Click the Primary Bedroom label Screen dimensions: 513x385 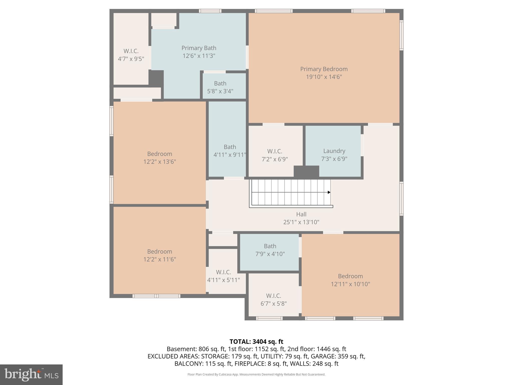[324, 69]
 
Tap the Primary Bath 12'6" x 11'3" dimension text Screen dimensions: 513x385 [199, 56]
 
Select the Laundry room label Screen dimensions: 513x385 [334, 151]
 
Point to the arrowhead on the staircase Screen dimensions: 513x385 [329, 192]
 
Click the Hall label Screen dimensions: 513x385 [301, 214]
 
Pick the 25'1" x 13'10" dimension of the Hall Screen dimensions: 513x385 [301, 222]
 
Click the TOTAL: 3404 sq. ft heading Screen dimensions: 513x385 [256, 342]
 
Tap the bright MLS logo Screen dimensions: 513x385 [31, 374]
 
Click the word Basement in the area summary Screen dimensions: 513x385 [182, 349]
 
